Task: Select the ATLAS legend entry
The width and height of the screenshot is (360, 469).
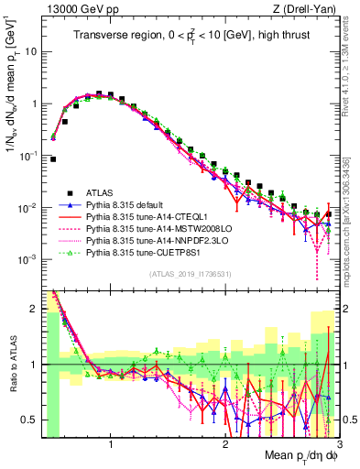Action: click(102, 192)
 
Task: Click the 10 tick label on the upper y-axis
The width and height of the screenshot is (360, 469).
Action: click(29, 51)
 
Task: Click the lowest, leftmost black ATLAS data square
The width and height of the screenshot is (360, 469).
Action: click(53, 158)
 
